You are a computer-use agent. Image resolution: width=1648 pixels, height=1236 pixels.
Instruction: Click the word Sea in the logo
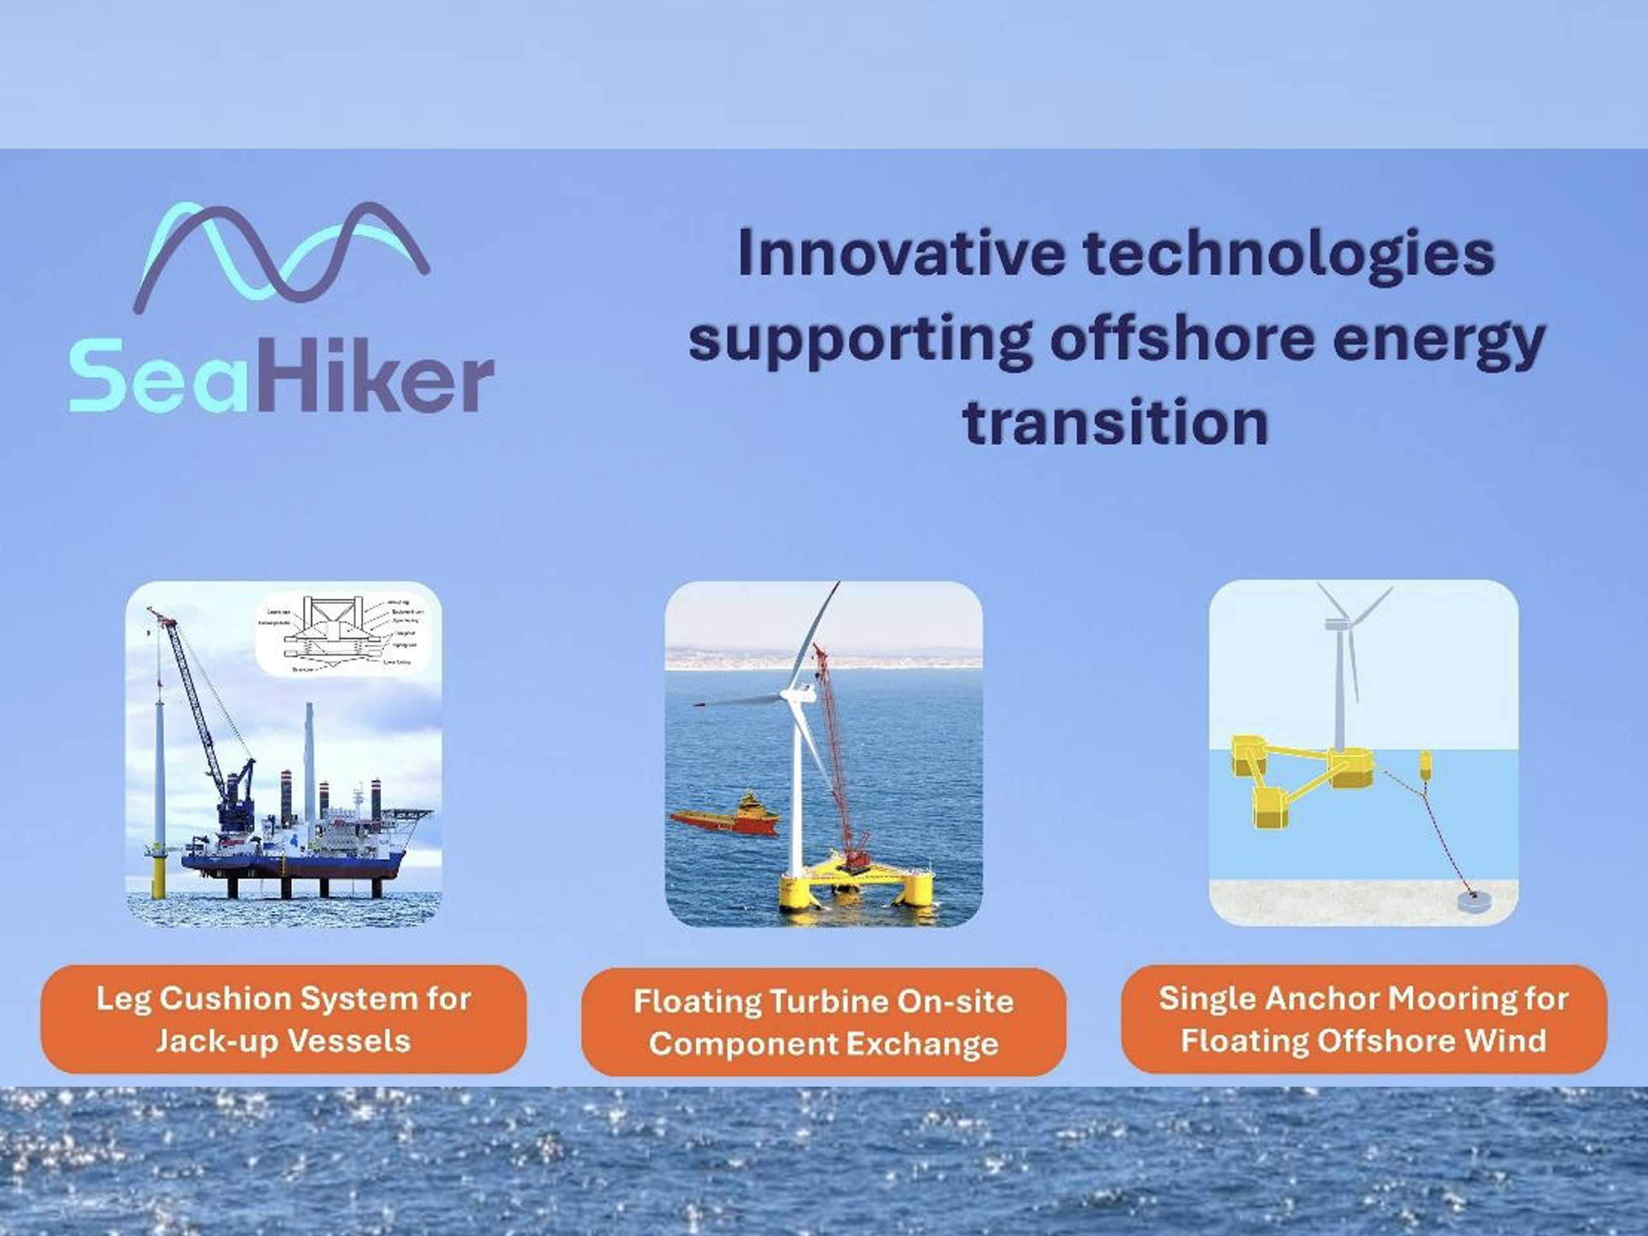[158, 375]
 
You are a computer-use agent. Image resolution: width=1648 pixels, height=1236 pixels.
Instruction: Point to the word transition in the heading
[1116, 422]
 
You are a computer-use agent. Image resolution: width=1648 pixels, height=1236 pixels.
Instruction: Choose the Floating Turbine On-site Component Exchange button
[823, 1022]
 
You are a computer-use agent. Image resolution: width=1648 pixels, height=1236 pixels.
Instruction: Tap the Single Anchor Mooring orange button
[1363, 1019]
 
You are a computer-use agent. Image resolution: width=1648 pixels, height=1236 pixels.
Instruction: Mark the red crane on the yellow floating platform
[838, 760]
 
